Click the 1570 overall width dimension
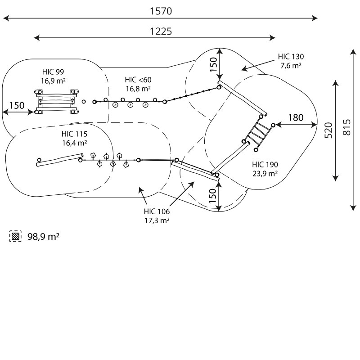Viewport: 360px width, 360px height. [x=161, y=11]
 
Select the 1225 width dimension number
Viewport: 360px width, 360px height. [x=161, y=31]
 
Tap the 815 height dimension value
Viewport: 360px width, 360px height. [x=347, y=127]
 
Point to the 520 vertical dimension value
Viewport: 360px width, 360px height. [x=328, y=130]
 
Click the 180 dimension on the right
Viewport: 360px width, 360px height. [x=296, y=117]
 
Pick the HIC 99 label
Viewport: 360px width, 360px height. [x=53, y=72]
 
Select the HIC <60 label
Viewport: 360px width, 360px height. [x=138, y=80]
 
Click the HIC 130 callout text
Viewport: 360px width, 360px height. [x=291, y=57]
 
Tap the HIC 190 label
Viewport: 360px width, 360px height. [x=265, y=164]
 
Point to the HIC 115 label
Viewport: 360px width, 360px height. [x=74, y=134]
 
